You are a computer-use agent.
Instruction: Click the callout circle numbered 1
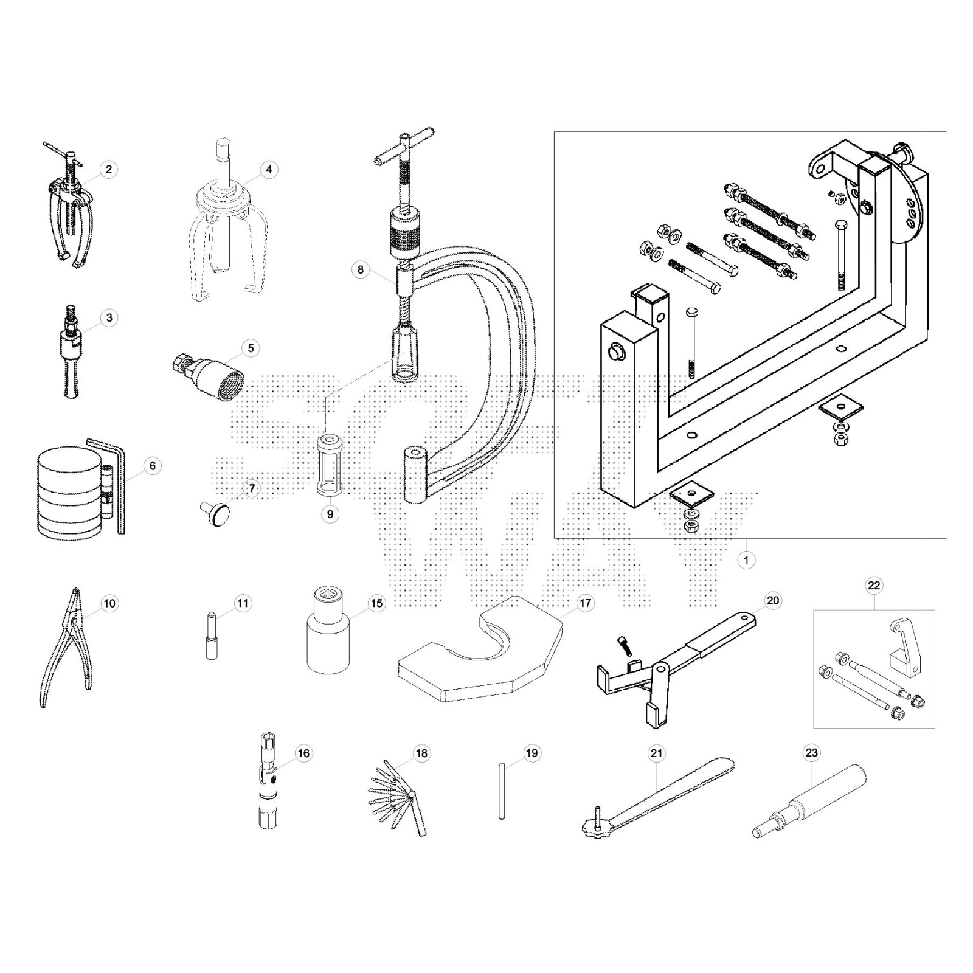tap(746, 559)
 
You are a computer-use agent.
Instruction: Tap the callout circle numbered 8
tap(361, 269)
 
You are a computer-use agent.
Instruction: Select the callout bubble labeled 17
tap(585, 603)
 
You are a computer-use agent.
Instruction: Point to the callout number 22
tap(874, 586)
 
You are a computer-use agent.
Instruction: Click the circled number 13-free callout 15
tap(377, 603)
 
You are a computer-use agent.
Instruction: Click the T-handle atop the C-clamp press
tap(404, 148)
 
